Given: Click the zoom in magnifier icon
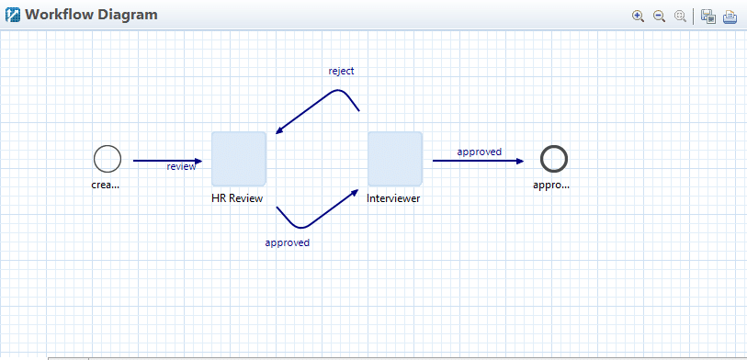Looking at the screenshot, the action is click(x=638, y=16).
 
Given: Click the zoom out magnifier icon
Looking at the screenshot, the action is click(x=659, y=16).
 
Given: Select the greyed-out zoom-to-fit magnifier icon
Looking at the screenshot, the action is click(x=680, y=16).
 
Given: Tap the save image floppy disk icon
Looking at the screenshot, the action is click(x=708, y=16).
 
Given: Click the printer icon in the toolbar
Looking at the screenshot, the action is click(x=730, y=16).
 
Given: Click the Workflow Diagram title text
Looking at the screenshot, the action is click(x=91, y=15).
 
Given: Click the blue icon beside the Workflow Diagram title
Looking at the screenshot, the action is click(x=13, y=16).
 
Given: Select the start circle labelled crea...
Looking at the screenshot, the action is click(x=108, y=159).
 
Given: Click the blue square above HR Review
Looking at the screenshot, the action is click(x=239, y=159).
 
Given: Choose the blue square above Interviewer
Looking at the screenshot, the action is click(x=395, y=159).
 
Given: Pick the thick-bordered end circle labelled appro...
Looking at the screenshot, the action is click(x=553, y=159).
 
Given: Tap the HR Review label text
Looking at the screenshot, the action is click(x=238, y=198).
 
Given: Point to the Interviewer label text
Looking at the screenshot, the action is click(x=393, y=198).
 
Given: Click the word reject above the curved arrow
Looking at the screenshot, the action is click(x=341, y=71).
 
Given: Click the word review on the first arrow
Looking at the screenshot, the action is click(x=181, y=167).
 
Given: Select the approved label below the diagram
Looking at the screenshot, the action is click(x=287, y=243).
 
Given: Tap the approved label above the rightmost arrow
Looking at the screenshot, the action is click(x=480, y=152).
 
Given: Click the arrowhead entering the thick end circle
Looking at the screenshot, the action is click(x=520, y=161).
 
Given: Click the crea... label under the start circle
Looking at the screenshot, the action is click(x=107, y=185).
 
